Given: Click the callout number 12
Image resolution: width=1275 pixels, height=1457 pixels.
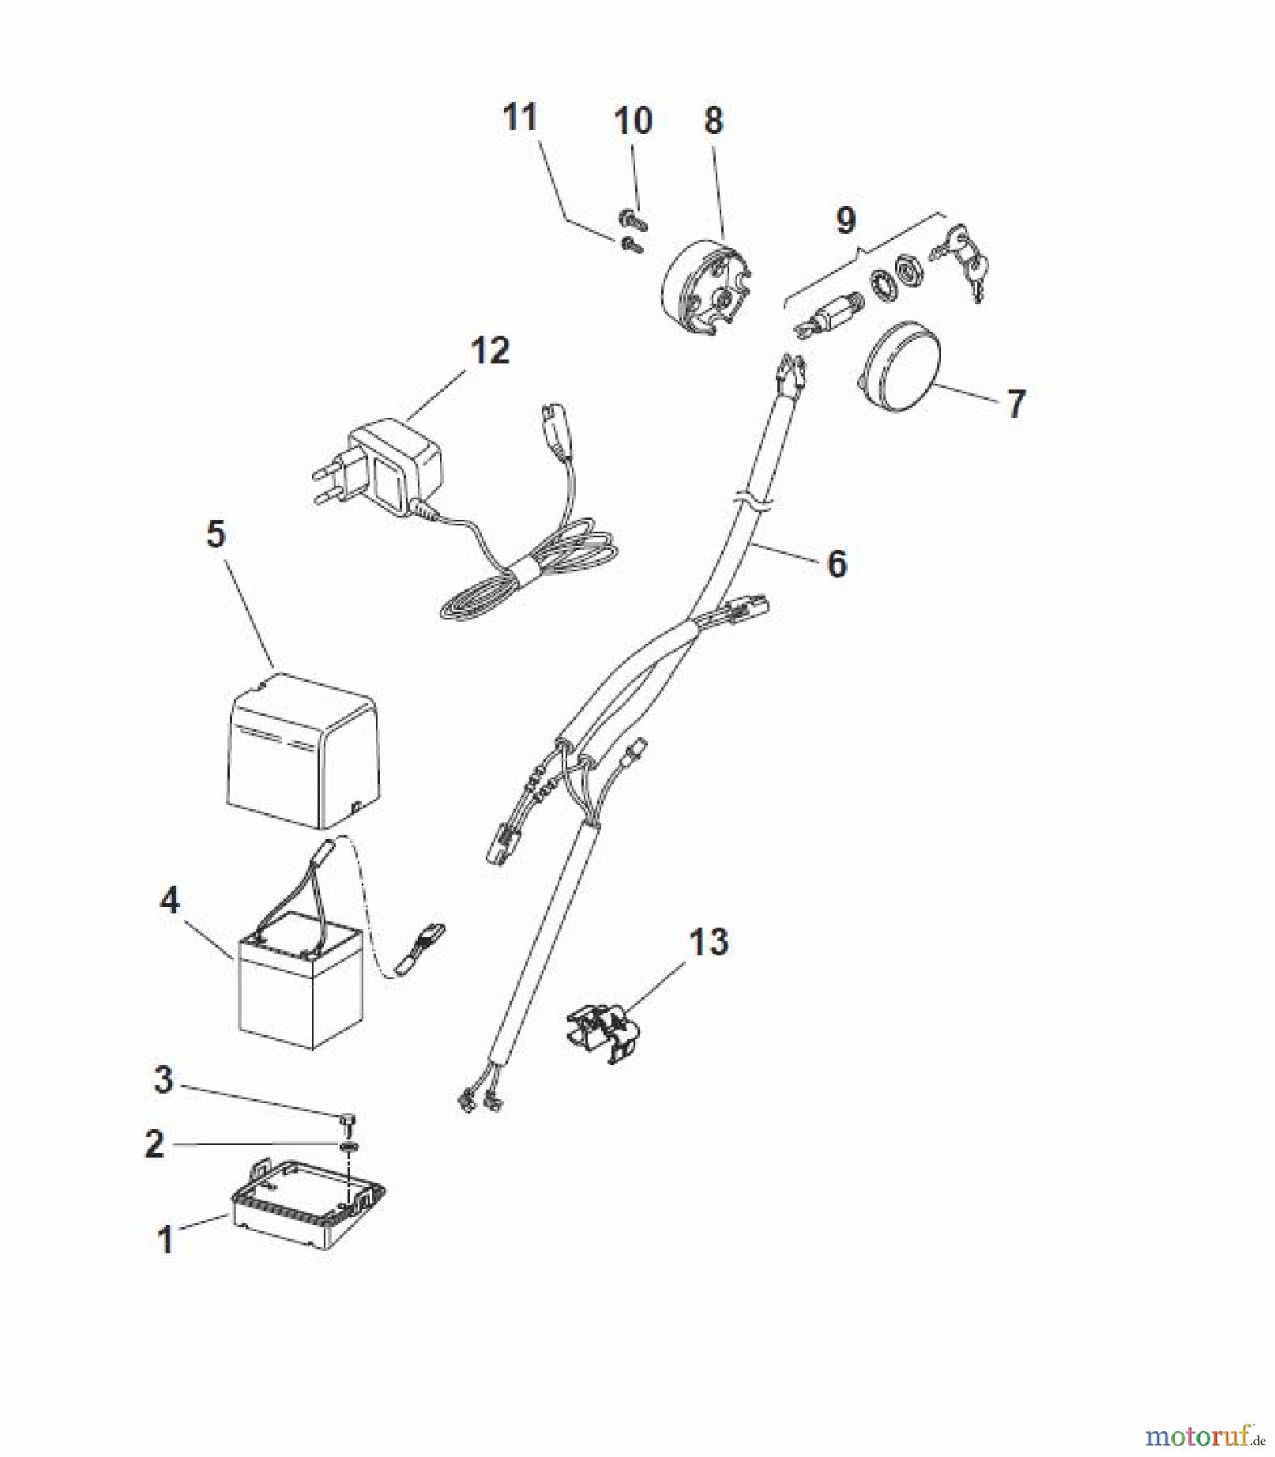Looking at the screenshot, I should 490,351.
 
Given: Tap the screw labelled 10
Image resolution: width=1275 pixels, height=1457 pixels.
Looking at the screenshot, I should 631,216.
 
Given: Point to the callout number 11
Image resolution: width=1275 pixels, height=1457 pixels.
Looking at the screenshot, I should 521,117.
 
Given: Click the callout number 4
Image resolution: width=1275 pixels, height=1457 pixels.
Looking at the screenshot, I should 169,900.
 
